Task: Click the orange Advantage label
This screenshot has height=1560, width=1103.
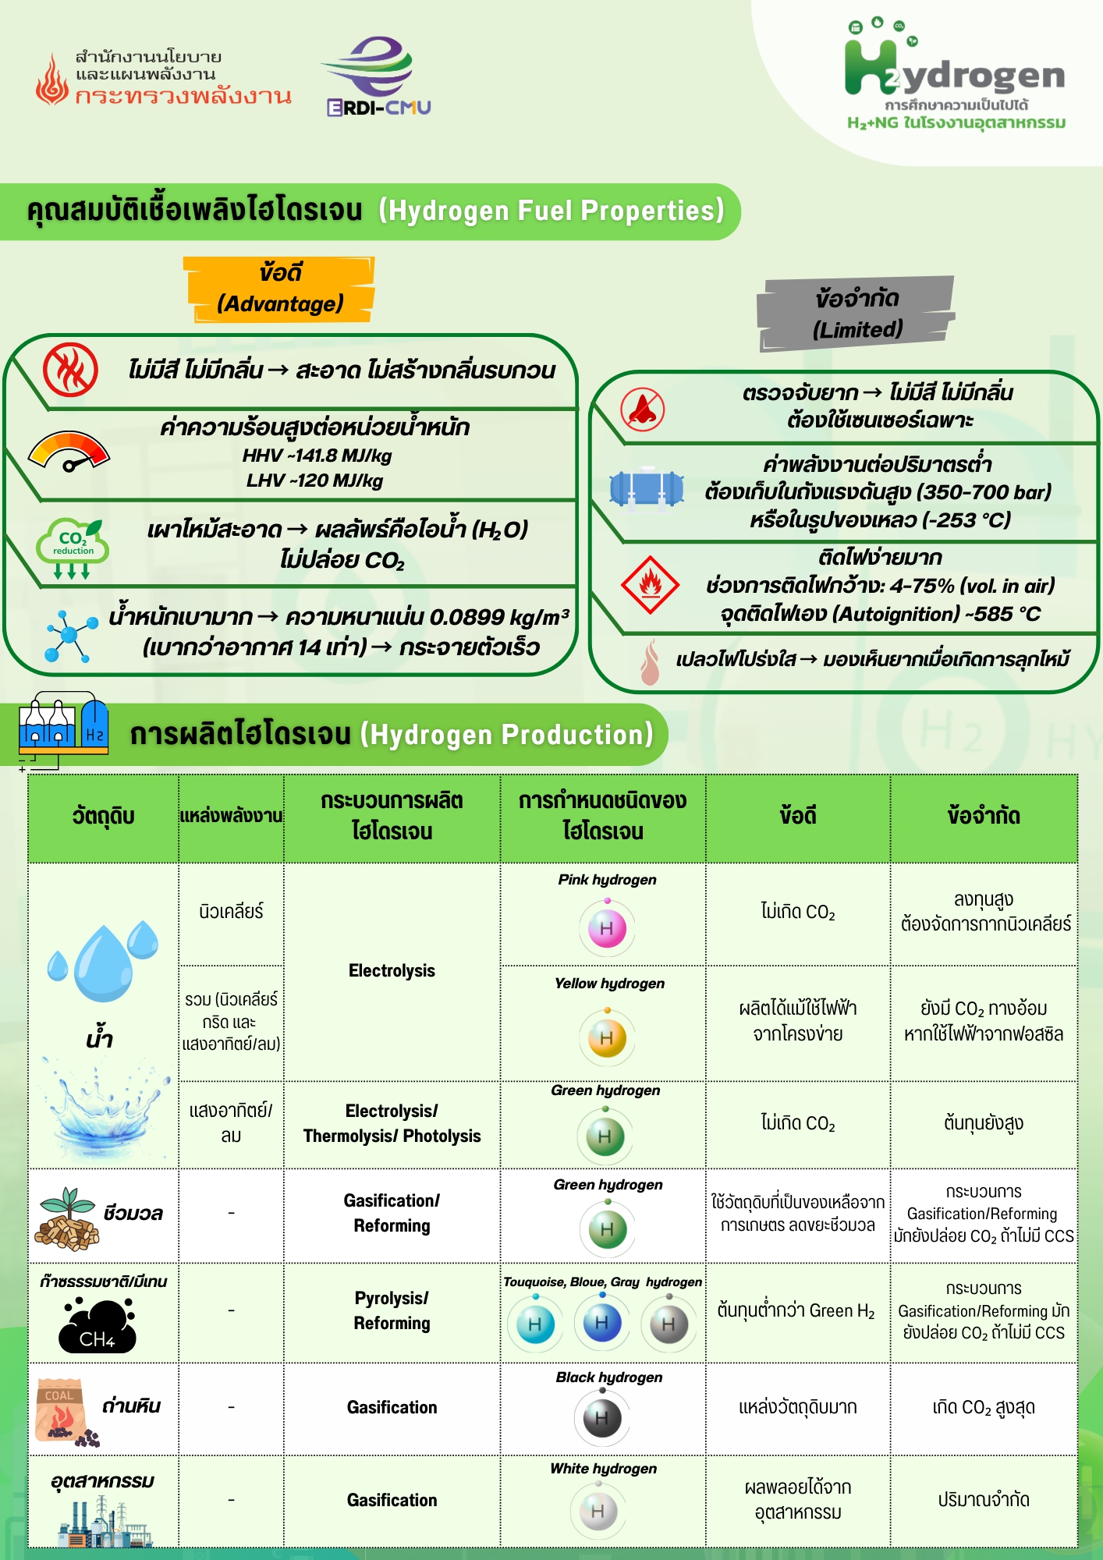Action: coord(280,289)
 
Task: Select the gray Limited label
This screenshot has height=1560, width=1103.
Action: coord(857,314)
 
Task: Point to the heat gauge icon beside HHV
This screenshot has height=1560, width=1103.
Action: coord(69,452)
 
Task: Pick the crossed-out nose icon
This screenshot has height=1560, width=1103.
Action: coord(643,409)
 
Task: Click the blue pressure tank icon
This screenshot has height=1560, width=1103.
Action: coord(646,488)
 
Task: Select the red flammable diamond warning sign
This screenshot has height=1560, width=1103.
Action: coord(649,585)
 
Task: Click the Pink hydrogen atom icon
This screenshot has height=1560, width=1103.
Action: coord(607,927)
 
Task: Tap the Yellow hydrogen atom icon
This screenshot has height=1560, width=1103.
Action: coord(607,1037)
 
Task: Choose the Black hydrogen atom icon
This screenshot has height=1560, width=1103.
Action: coord(601,1417)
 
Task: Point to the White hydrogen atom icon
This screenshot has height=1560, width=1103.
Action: coord(598,1511)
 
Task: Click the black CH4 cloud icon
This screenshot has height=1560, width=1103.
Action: coord(98,1326)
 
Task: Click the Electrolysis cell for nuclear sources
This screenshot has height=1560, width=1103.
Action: coord(392,971)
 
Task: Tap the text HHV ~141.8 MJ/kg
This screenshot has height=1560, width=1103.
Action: coord(317,456)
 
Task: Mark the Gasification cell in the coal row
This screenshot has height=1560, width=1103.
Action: coord(392,1408)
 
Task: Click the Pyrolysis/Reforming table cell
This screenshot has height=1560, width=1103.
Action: coord(392,1311)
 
